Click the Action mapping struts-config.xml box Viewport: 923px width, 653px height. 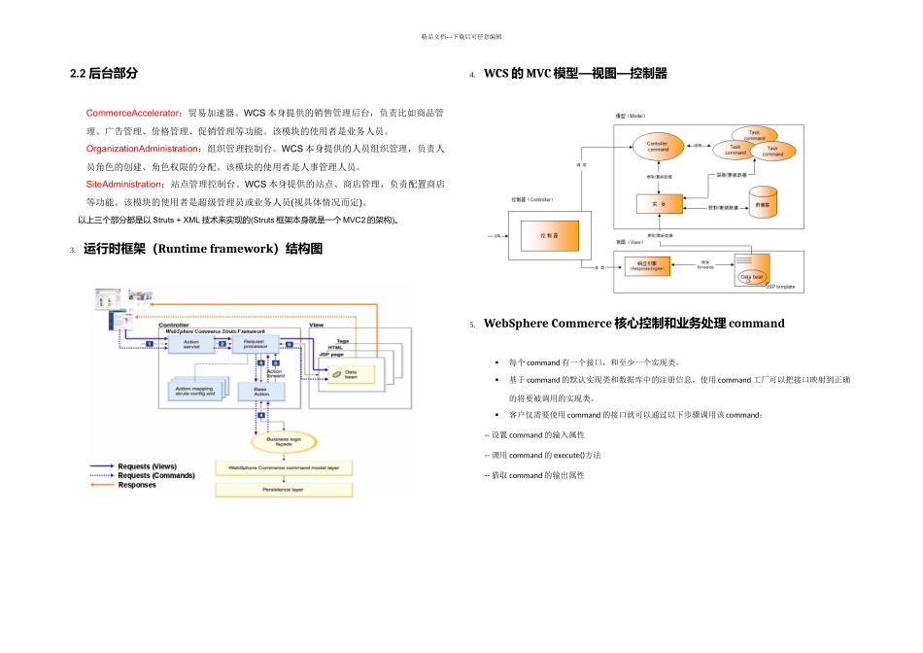click(x=196, y=391)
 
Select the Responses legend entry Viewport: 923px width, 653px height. click(x=122, y=485)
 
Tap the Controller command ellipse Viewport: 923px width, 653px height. click(x=658, y=147)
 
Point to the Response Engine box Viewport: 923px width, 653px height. click(x=645, y=264)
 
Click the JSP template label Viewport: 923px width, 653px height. click(x=780, y=287)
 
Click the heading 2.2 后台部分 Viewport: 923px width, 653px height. click(x=104, y=73)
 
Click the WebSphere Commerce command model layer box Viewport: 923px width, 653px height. click(x=283, y=467)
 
